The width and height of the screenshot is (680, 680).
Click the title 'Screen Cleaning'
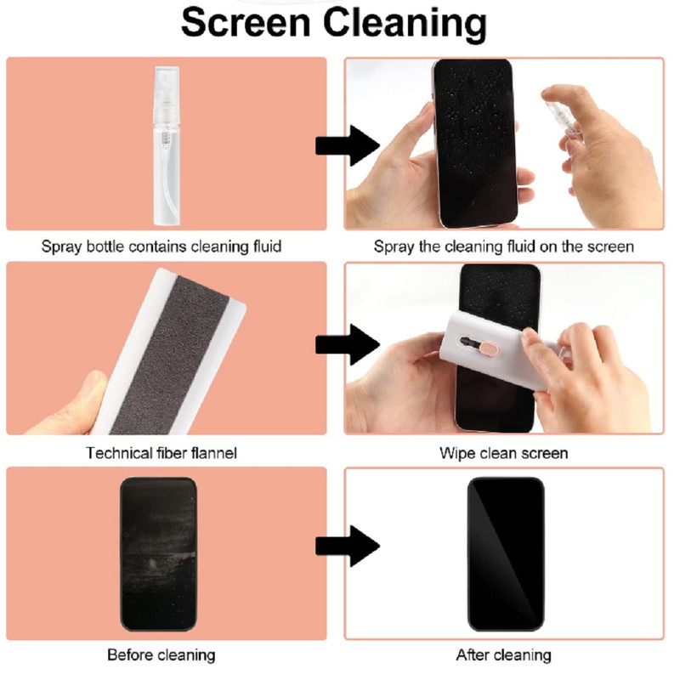pos(333,23)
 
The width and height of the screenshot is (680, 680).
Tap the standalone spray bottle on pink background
pos(167,145)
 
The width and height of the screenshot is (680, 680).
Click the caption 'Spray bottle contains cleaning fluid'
pos(161,246)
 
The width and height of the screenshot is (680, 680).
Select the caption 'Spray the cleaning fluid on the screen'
pos(503,246)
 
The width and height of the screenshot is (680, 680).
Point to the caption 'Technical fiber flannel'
pos(161,453)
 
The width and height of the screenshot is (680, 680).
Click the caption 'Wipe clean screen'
pos(503,453)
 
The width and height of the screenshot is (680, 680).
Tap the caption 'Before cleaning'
pos(161,654)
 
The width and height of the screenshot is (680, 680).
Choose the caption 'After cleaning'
pos(503,654)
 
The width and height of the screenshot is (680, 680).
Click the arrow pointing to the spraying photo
pos(348,145)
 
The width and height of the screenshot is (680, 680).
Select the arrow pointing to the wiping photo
pos(348,345)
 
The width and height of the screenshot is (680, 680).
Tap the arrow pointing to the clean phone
pos(348,546)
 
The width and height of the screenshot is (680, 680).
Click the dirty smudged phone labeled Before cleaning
pos(158,554)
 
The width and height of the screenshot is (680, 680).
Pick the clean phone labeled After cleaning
pos(506,554)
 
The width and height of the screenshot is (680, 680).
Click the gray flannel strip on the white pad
pos(170,354)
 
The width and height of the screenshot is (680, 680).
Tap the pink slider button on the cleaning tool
pos(490,348)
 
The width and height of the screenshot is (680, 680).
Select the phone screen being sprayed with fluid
pos(476,143)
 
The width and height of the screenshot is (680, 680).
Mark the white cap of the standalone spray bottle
pos(167,94)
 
